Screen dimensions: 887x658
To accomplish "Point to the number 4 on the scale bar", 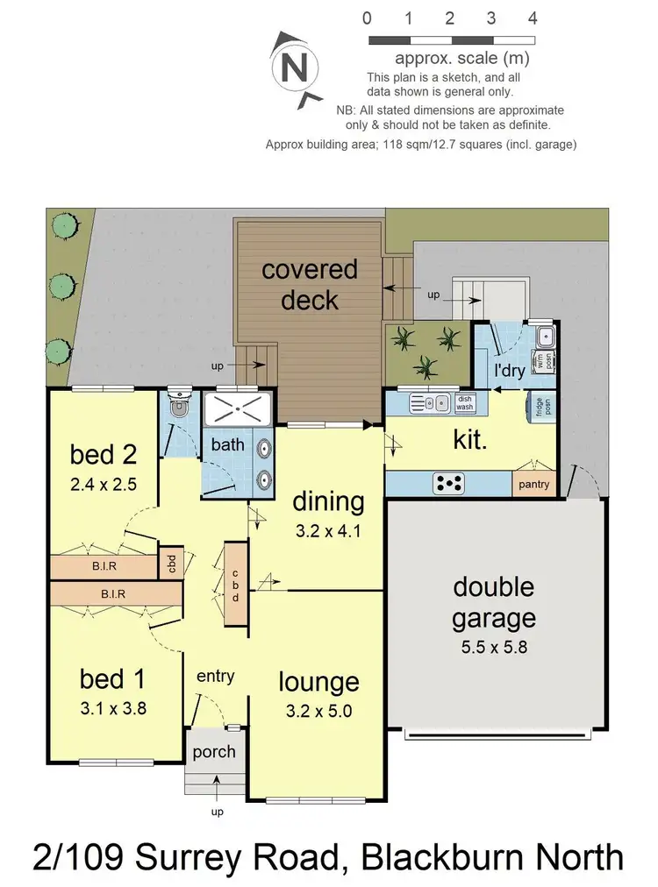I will pos(533,18).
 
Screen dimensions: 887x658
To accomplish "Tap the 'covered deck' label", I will pos(310,284).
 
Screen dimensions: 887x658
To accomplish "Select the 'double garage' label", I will pos(494,602).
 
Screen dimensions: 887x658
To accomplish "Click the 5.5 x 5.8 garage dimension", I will pos(494,650).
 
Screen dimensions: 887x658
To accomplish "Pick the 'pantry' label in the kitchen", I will pos(533,484).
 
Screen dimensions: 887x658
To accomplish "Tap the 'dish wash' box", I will pos(464,403).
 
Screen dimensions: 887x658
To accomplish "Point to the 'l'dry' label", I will pos(509,371).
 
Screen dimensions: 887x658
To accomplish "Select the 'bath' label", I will pos(227,444).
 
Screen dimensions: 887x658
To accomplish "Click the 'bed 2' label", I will pos(104,455).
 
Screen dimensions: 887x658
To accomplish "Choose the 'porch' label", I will pos(214,752).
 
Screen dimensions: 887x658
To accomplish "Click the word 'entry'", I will pos(215,676).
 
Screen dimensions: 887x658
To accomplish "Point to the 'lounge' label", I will pos(318,682).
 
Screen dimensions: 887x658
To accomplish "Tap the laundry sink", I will pos(545,336).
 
